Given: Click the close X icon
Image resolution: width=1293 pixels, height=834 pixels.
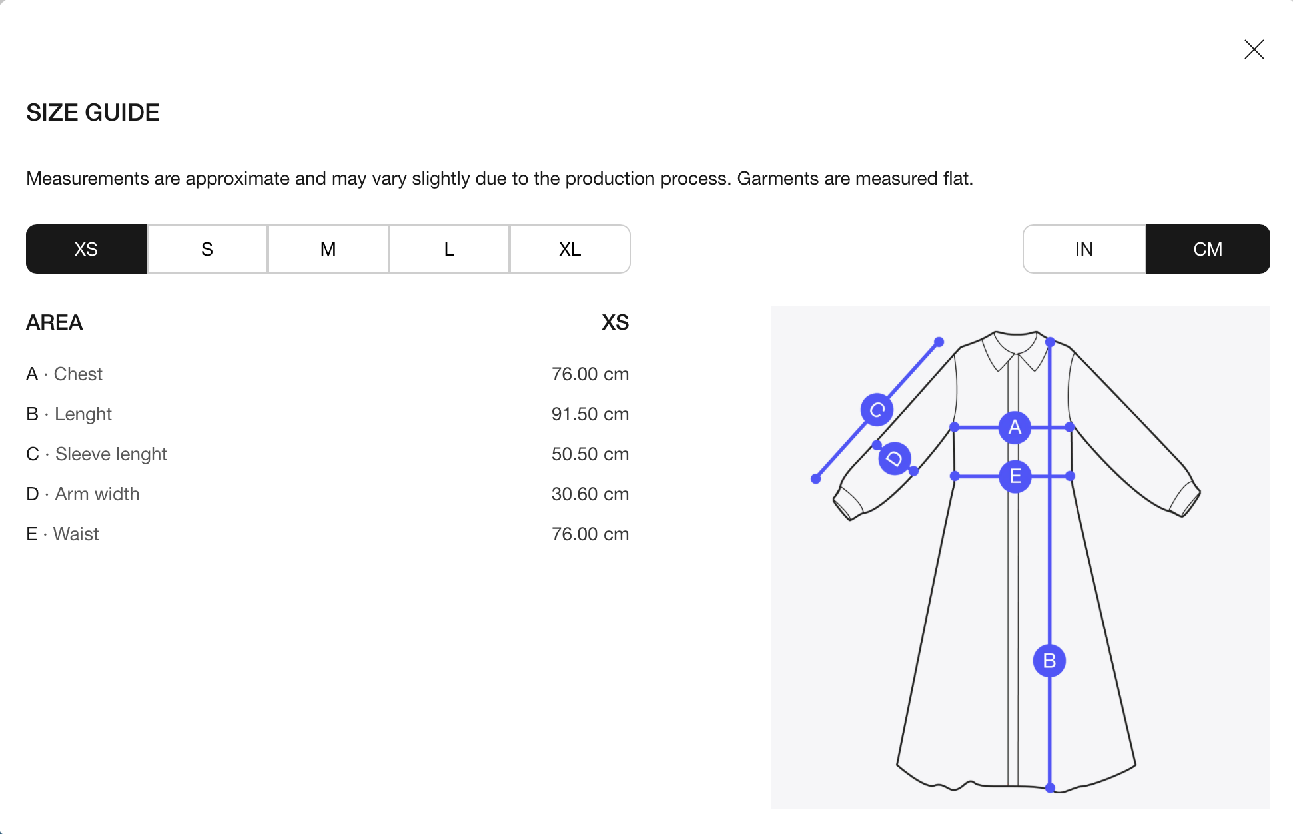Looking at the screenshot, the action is click(1254, 49).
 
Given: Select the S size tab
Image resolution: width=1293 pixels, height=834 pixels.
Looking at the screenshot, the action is click(207, 249).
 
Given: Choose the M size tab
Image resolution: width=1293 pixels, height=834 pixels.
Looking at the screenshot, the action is click(328, 249).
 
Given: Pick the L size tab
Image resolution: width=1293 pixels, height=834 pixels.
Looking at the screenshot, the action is click(449, 249).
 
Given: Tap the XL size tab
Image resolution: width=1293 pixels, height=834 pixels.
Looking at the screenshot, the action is click(570, 249).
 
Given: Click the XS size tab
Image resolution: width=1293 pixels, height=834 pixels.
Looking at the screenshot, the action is click(87, 249).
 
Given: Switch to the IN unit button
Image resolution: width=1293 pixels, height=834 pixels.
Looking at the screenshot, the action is click(1084, 249).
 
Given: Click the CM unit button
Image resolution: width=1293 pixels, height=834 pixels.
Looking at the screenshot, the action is click(1208, 249).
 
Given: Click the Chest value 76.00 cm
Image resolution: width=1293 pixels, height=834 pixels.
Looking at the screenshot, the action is click(590, 374).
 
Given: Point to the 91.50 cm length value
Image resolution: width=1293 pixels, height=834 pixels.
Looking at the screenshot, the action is click(590, 414).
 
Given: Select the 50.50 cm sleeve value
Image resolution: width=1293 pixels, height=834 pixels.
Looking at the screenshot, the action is click(590, 454).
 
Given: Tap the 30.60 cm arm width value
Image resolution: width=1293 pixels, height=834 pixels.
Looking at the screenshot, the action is click(590, 494).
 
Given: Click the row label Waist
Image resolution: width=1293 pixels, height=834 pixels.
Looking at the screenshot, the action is click(76, 534).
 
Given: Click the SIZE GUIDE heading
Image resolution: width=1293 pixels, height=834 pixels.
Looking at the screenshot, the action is click(93, 113).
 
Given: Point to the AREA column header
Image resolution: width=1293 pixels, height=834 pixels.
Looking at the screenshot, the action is click(55, 322).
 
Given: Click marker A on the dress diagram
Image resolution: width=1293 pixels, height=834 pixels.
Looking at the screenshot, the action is click(1015, 427).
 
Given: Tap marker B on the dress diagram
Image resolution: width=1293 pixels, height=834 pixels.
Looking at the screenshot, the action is click(1049, 661).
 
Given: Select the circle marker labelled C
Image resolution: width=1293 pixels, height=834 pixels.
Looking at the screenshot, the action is click(877, 409).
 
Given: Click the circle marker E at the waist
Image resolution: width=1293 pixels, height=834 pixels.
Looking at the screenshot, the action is click(1015, 476).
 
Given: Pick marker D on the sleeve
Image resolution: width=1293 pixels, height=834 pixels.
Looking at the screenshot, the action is click(895, 458).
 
